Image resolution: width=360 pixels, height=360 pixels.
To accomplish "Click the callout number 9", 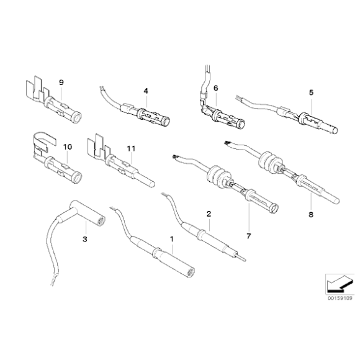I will pos(61,83).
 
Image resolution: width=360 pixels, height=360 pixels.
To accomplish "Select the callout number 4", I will pos(145,91).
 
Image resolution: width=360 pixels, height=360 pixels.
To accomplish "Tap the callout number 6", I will pos(215,89).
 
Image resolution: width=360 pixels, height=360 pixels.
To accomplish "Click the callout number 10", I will pos(67,147).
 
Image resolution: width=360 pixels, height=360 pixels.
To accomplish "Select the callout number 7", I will pos(248,236).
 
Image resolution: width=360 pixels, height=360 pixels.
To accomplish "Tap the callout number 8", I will pos(311,215).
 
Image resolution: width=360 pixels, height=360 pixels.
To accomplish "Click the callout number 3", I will pos(84,238).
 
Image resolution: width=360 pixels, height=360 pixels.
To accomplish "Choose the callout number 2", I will pos(209,214).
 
